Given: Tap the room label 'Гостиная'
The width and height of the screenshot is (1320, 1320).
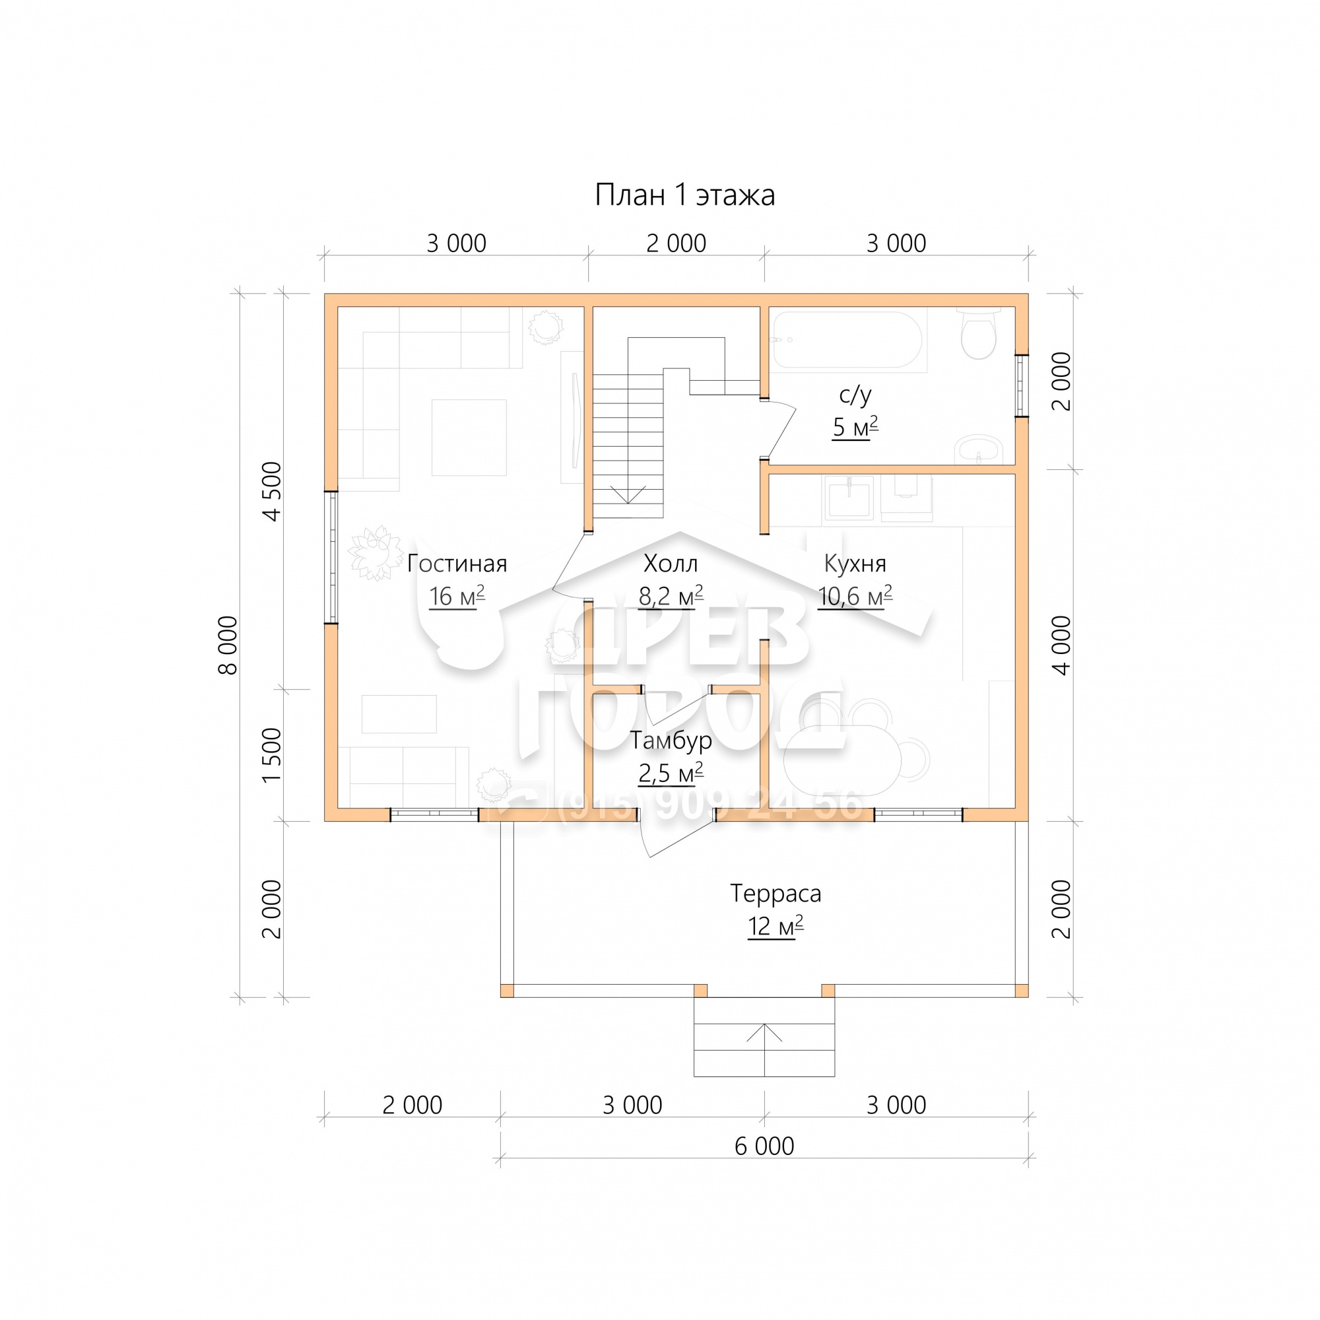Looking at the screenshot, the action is click(x=457, y=564).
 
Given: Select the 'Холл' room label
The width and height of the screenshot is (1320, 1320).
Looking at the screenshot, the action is click(x=671, y=564).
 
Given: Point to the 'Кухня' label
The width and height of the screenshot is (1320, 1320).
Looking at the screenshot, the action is click(x=855, y=564).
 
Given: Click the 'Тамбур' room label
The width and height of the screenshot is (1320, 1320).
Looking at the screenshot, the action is click(x=671, y=741).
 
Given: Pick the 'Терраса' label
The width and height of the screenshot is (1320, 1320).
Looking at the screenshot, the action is click(x=775, y=894).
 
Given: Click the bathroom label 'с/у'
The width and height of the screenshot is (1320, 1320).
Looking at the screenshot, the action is click(x=855, y=395).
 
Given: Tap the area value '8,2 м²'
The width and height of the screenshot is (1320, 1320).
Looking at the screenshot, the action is click(x=671, y=597).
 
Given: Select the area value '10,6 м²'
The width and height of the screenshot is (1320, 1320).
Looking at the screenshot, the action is click(x=855, y=597).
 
